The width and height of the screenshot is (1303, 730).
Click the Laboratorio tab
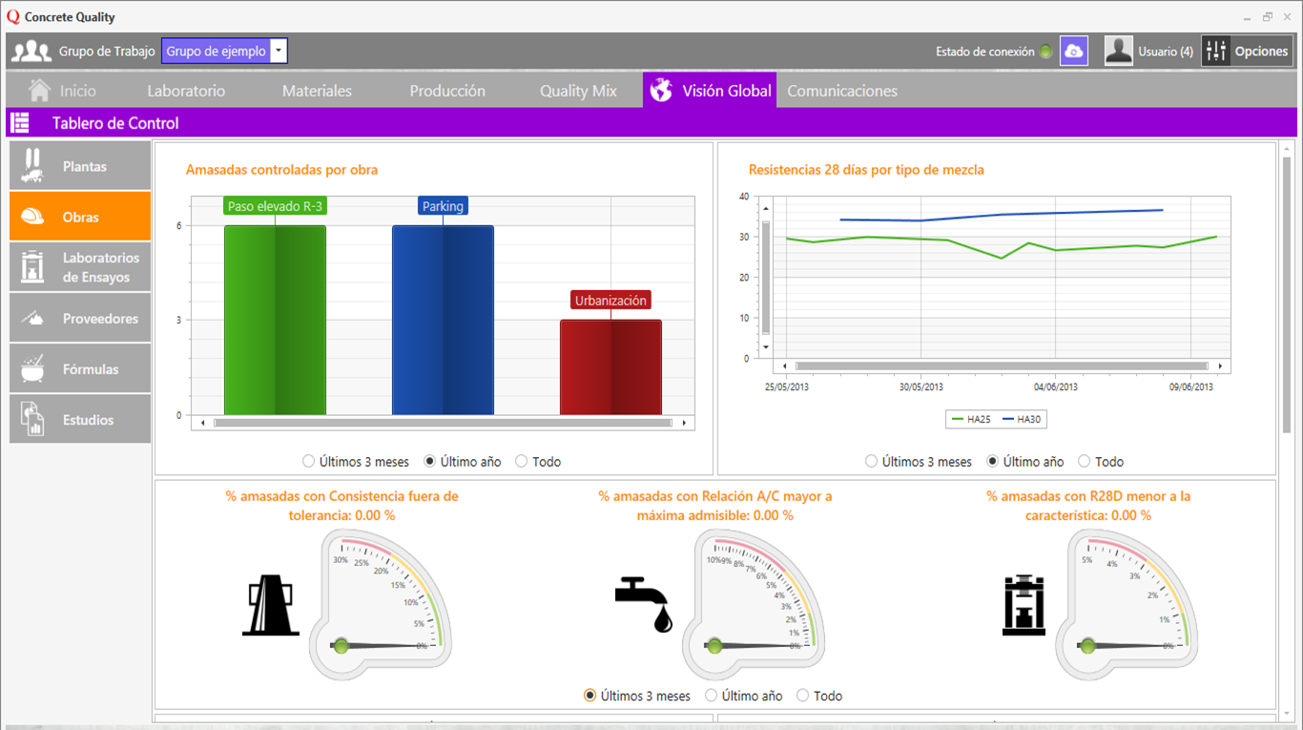(x=186, y=91)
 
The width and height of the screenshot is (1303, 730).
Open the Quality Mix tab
(x=578, y=91)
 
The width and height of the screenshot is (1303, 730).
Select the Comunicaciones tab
(x=841, y=91)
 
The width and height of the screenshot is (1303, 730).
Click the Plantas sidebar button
(x=80, y=166)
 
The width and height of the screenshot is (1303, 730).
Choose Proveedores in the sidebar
(x=80, y=319)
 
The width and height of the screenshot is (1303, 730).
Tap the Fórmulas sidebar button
(x=80, y=369)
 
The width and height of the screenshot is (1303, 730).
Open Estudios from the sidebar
(x=80, y=420)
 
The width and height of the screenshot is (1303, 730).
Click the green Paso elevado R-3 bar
(x=275, y=320)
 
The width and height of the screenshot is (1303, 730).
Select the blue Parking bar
(x=443, y=320)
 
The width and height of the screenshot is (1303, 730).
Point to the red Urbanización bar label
(x=610, y=301)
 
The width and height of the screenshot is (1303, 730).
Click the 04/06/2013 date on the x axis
(x=1056, y=387)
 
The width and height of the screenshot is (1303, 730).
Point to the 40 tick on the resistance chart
(x=744, y=197)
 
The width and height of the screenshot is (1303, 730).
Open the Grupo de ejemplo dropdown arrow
(x=278, y=52)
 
